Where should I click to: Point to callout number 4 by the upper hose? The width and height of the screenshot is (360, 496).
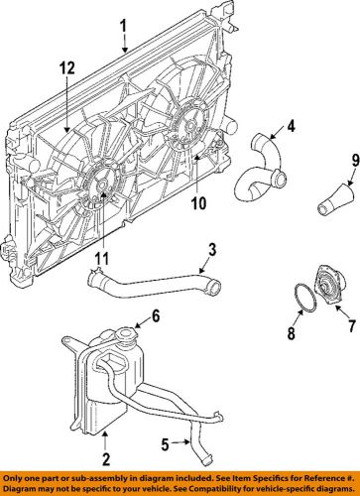tap(292, 126)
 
